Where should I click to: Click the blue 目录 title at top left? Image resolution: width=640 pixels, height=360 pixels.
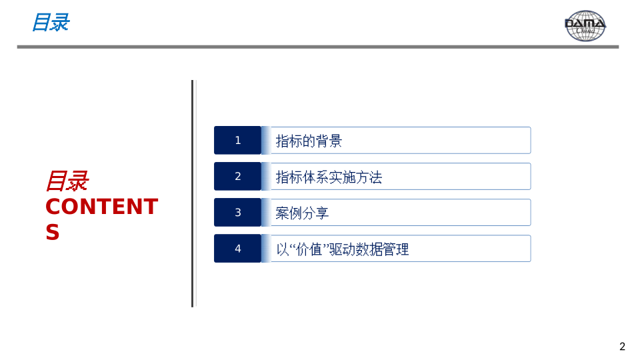pos(51,22)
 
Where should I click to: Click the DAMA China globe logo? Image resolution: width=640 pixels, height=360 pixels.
pos(585,26)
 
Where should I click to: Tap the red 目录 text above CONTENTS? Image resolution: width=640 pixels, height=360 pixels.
pos(67,181)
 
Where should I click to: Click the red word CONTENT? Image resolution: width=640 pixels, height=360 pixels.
pos(101,207)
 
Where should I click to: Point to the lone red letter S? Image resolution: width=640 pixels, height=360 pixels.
pos(53,232)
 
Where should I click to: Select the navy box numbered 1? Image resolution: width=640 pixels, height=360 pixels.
pos(237,141)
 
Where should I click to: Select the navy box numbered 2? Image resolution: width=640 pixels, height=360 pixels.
pos(237,176)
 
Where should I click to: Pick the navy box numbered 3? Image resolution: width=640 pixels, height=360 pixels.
pos(237,212)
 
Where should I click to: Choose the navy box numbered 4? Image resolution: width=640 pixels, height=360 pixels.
pos(237,248)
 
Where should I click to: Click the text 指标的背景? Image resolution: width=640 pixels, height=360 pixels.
pos(309,141)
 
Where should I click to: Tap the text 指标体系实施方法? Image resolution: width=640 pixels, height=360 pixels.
pos(329,177)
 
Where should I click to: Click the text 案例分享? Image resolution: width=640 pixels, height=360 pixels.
pos(302,213)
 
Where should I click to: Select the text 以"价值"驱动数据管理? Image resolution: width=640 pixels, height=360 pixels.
pos(343,249)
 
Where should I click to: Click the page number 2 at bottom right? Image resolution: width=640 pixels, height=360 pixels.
pos(622,347)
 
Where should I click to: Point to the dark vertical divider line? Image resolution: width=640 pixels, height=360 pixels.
pos(192,193)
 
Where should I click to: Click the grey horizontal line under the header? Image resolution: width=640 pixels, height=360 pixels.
pos(318,47)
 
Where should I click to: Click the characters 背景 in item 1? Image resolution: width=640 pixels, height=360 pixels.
pos(329,141)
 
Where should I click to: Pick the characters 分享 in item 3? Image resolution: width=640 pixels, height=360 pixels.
pos(315,213)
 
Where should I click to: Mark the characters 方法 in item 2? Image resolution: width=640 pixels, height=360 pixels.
pos(369,177)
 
